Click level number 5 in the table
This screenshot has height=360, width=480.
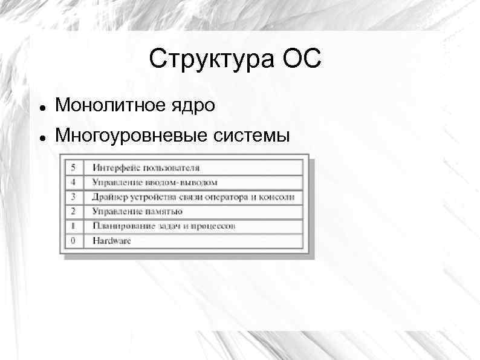pos(73,167)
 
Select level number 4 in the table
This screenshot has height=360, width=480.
pos(73,182)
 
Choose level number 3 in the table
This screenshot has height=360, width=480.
pos(73,197)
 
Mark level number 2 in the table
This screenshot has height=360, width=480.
pos(73,211)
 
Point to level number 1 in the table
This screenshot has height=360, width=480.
pos(73,226)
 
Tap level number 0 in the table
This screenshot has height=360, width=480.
pos(73,241)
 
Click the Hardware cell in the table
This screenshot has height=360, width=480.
pos(112,241)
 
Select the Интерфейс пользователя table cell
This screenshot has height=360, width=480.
pos(146,167)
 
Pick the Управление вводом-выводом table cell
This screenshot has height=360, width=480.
pos(155,182)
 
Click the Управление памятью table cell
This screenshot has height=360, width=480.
pos(137,211)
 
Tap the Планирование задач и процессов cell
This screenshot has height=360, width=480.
pos(164,226)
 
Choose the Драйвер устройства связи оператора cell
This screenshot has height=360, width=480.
pos(193,197)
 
